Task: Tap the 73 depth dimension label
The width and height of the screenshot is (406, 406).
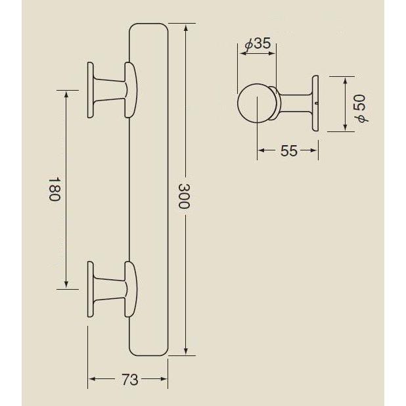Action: click(x=130, y=380)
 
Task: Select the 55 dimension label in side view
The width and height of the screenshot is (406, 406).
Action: click(x=289, y=151)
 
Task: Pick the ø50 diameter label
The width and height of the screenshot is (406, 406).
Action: click(x=361, y=105)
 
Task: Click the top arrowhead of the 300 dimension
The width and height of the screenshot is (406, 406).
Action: click(x=187, y=28)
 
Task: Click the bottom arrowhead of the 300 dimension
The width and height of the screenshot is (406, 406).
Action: click(x=187, y=351)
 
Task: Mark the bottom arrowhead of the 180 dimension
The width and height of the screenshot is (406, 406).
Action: click(x=66, y=284)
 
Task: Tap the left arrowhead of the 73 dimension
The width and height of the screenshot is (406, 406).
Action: click(x=93, y=379)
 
